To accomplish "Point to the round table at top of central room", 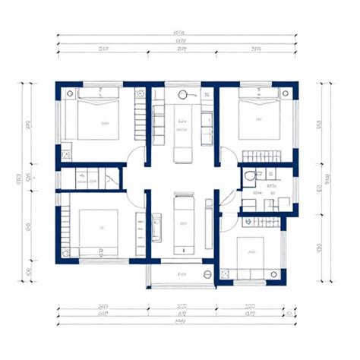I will [182, 95].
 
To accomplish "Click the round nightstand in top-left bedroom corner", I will [70, 94].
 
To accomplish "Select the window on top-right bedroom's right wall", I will [297, 122].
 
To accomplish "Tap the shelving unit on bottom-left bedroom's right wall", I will [140, 235].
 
